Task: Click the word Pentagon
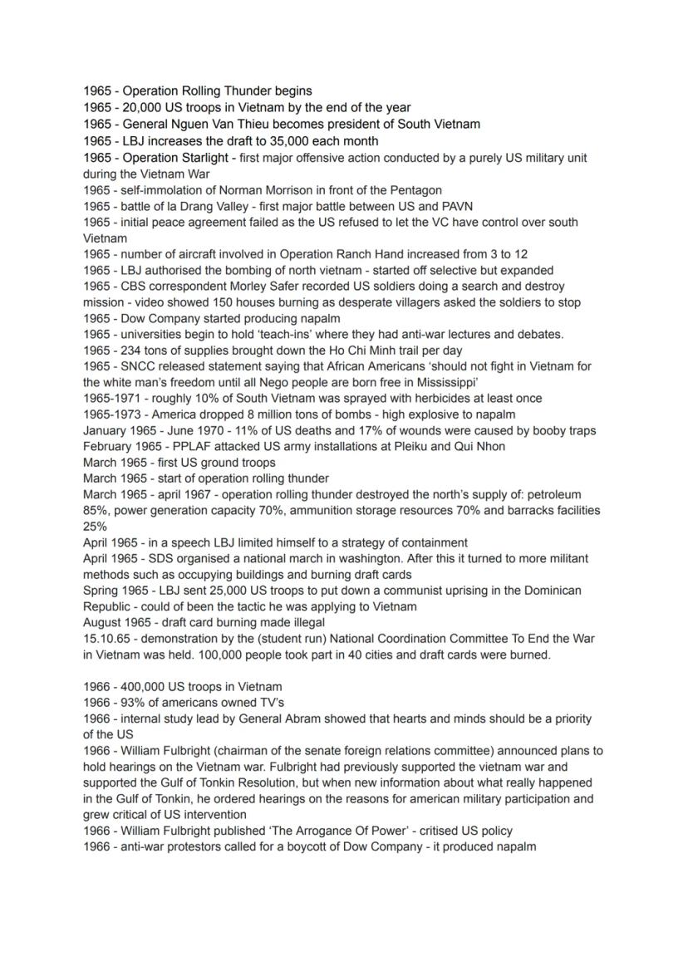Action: (413, 190)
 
